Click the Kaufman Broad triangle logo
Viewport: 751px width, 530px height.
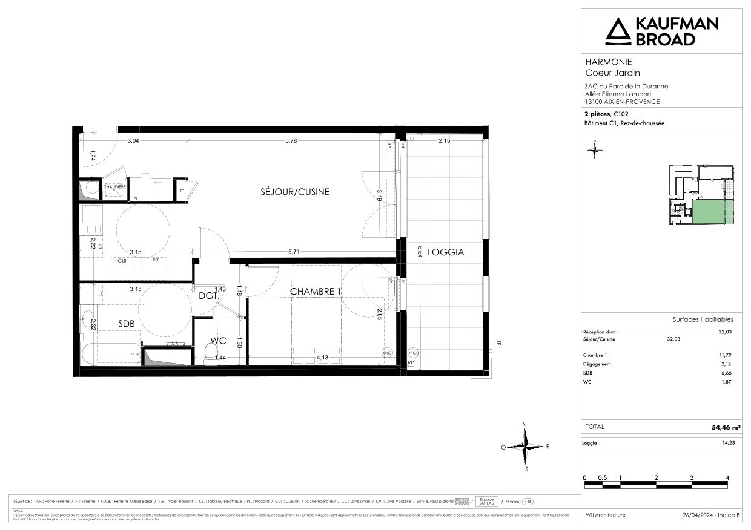pos(618,31)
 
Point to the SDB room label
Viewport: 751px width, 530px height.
pos(127,324)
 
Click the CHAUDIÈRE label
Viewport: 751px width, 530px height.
pos(114,188)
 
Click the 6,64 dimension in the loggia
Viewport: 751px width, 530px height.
pos(417,252)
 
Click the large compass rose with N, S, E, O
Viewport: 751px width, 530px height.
pos(525,447)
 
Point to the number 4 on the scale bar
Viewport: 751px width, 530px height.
pos(727,477)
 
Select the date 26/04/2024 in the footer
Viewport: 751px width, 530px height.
pos(699,515)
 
